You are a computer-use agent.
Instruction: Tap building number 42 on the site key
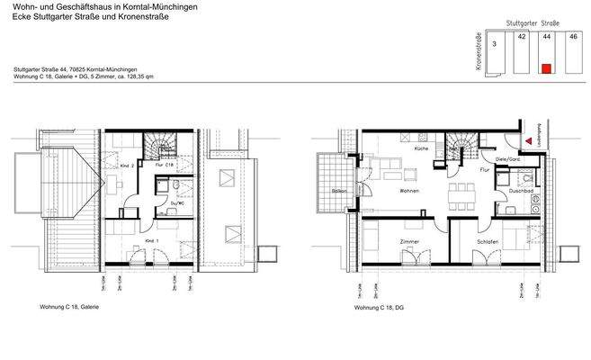click(x=522, y=38)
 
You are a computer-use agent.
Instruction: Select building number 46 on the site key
click(x=572, y=38)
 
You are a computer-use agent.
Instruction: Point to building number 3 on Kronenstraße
click(x=495, y=42)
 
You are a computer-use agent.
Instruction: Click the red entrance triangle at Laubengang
click(x=527, y=139)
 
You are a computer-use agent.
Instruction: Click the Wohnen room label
click(x=410, y=192)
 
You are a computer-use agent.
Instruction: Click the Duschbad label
click(x=523, y=192)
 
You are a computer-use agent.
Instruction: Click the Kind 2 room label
click(x=127, y=166)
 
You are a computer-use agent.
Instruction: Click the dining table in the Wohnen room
click(x=463, y=190)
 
